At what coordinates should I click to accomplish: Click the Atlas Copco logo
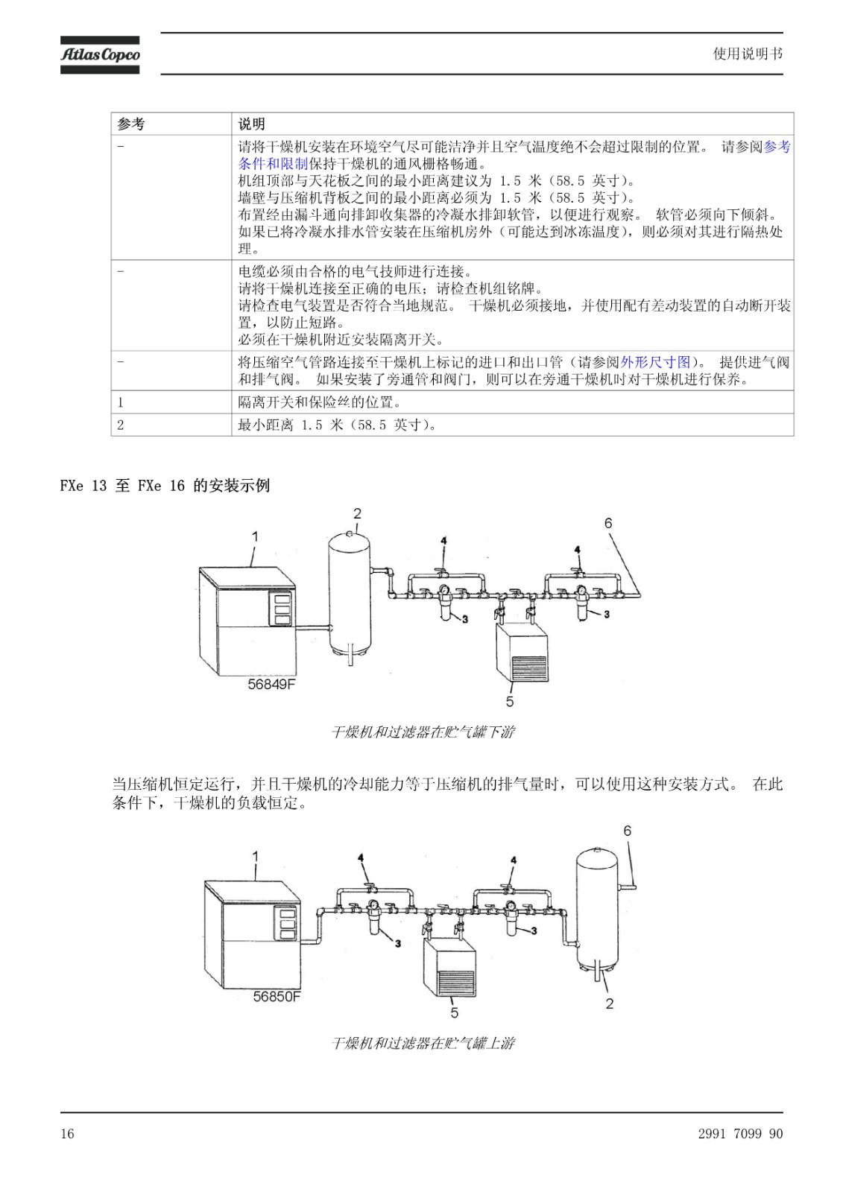tap(100, 55)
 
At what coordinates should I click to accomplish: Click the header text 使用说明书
tap(748, 54)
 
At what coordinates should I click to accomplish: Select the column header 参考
tap(130, 124)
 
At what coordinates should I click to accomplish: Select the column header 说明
tap(251, 124)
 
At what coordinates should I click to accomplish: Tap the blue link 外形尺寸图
tap(655, 362)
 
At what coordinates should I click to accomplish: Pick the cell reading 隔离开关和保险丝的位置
tap(319, 402)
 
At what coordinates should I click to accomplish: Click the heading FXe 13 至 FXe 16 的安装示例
tap(165, 485)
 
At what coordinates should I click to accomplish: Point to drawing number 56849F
tap(271, 684)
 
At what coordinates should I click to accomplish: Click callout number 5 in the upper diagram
tap(510, 701)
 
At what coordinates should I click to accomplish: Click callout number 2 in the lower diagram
tap(609, 1004)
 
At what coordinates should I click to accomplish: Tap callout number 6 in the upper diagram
tap(608, 523)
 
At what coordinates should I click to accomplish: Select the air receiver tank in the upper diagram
tap(350, 595)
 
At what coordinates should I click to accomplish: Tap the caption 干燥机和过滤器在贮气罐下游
tap(423, 732)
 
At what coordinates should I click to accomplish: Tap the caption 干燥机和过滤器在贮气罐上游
tap(423, 1043)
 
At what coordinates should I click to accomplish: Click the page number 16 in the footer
tap(67, 1133)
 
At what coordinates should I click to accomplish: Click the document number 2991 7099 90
tap(740, 1133)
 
